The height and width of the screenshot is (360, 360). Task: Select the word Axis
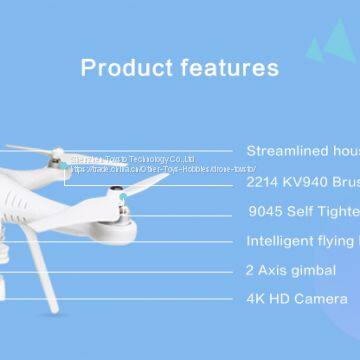(x=275, y=270)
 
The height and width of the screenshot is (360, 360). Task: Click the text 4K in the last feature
(x=256, y=299)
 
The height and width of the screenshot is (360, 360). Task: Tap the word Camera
(x=322, y=299)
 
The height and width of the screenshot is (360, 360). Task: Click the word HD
(x=282, y=299)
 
